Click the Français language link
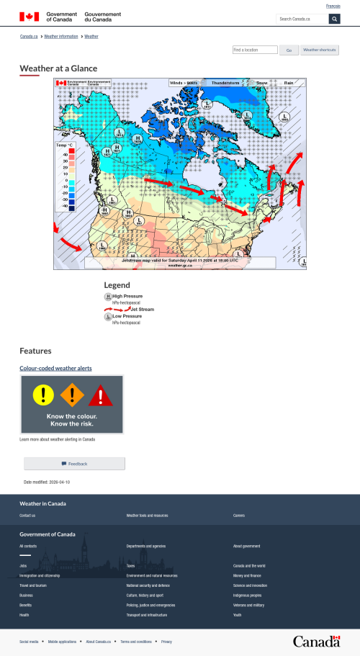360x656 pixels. tap(333, 6)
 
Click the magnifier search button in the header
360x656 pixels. tap(334, 19)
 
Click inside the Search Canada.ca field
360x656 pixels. tap(302, 19)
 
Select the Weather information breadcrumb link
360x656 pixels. tap(61, 36)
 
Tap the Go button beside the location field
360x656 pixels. tap(289, 50)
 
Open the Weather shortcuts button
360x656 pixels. tap(320, 50)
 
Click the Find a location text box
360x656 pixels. tap(255, 50)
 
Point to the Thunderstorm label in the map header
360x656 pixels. tap(225, 83)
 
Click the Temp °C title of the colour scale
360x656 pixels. tap(66, 145)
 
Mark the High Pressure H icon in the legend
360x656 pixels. tap(108, 297)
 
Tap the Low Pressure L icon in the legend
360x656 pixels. tap(108, 316)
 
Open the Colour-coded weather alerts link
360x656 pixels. tap(55, 368)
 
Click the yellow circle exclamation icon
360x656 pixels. tap(43, 394)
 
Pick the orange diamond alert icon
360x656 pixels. tap(72, 394)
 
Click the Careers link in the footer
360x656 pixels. tap(238, 516)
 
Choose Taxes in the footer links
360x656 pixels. tap(130, 566)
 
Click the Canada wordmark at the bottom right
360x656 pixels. tap(316, 641)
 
